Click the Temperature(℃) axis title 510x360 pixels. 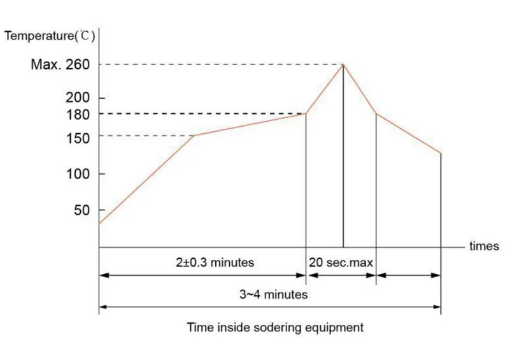tap(50, 36)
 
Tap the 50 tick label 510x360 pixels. tap(81, 210)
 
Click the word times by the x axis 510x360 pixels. tap(484, 247)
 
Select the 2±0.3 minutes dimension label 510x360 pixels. tap(215, 263)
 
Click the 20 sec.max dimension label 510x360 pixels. tap(341, 263)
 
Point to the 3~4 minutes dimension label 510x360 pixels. tap(273, 294)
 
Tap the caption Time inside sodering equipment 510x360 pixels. tap(275, 328)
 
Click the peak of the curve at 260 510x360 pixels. tap(344, 64)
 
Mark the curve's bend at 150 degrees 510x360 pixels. tap(194, 136)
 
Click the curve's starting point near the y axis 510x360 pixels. tap(100, 223)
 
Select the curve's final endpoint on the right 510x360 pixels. tap(441, 153)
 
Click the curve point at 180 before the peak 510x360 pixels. tap(306, 114)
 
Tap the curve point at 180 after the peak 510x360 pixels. tap(376, 114)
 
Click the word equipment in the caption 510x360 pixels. tap(335, 328)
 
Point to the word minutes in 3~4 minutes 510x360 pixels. tap(287, 294)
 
